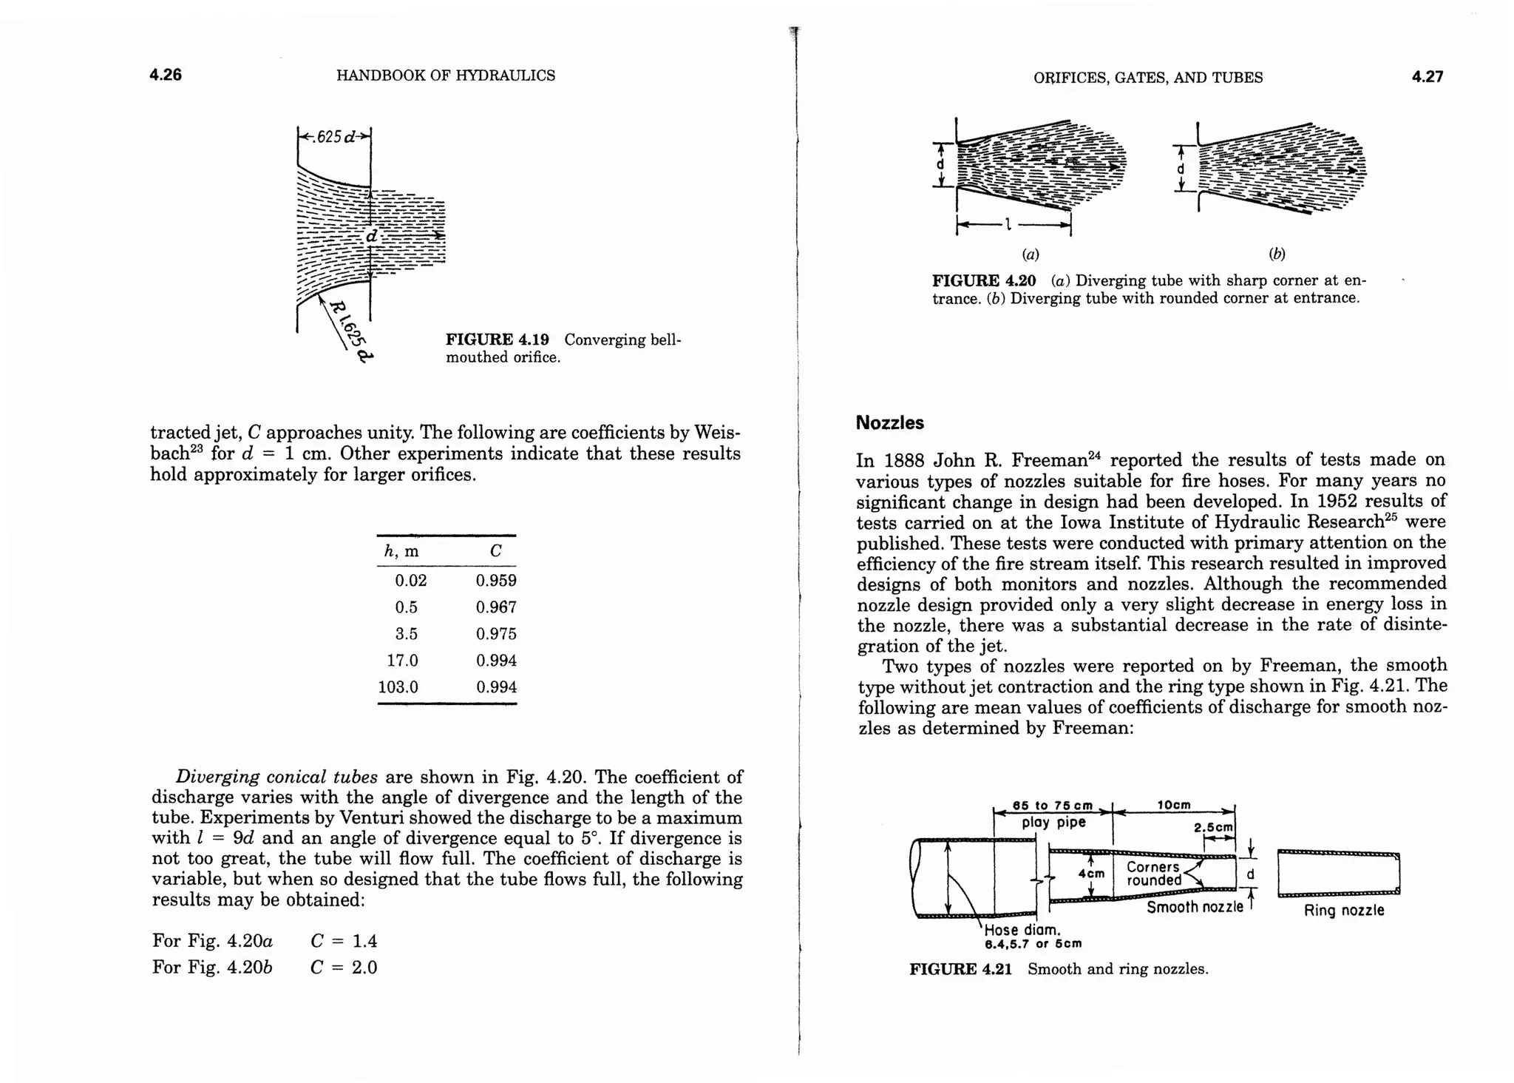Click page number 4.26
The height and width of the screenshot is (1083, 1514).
(166, 75)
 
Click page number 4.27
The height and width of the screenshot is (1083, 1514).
(1427, 76)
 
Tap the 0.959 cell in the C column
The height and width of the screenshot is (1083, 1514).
(496, 581)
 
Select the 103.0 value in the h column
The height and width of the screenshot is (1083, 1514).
(398, 687)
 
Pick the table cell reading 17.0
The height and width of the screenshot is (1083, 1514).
(402, 661)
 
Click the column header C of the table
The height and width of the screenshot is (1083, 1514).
(495, 551)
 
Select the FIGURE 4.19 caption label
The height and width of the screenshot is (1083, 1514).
(497, 340)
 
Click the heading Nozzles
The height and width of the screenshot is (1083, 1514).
(889, 423)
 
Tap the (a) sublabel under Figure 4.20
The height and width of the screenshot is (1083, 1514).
(1030, 254)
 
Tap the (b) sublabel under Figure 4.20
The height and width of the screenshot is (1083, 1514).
(1277, 254)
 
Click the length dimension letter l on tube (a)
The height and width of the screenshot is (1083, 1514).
(1007, 223)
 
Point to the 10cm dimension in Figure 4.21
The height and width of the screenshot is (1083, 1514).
(1172, 805)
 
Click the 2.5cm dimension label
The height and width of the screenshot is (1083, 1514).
(1214, 828)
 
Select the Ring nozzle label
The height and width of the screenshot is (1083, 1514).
(1343, 911)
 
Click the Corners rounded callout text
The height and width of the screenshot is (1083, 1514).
(1154, 874)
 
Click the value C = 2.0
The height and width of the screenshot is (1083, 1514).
(344, 968)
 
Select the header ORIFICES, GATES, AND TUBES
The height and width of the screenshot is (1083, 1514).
(1147, 78)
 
